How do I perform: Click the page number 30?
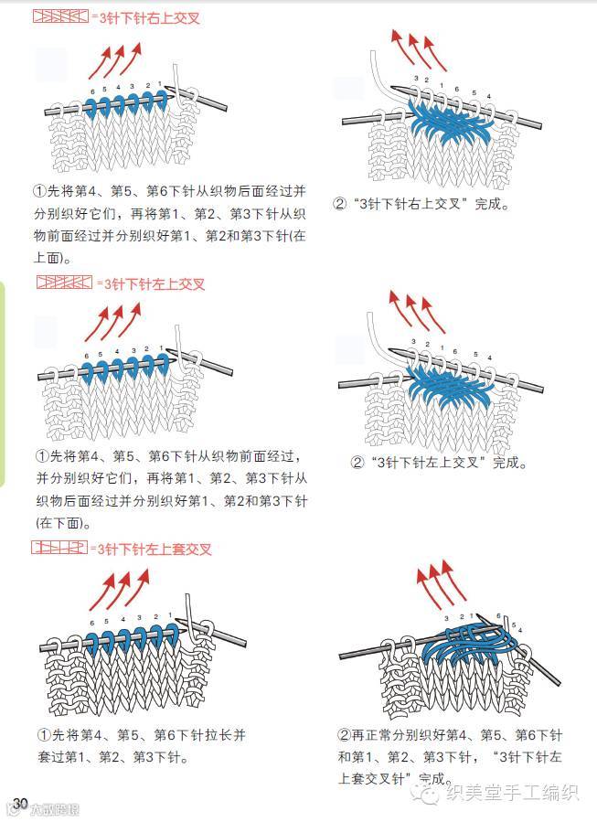click(x=21, y=802)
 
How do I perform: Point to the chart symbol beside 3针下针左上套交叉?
click(x=59, y=549)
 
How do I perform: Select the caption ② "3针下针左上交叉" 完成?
click(x=440, y=463)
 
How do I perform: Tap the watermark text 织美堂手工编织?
click(x=511, y=793)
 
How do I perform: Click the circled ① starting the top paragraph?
click(x=39, y=193)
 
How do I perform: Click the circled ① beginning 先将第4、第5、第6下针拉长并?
click(x=42, y=735)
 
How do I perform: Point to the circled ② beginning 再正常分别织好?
click(x=344, y=735)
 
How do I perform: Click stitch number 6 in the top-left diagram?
click(x=90, y=91)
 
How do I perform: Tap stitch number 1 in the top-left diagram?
click(x=159, y=84)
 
